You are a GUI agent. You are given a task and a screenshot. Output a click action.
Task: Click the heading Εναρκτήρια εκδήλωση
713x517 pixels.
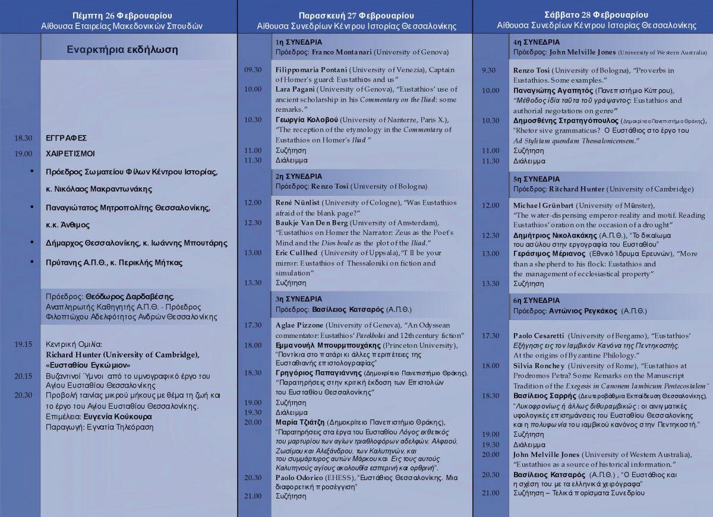click(122, 50)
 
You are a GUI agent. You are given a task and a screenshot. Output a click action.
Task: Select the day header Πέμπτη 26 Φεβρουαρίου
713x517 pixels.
click(122, 15)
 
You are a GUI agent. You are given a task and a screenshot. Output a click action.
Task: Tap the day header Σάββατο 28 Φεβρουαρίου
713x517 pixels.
click(596, 15)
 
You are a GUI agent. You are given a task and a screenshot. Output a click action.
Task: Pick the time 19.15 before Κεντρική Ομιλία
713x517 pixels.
click(23, 344)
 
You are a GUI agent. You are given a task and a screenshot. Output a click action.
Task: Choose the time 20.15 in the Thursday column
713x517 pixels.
click(23, 376)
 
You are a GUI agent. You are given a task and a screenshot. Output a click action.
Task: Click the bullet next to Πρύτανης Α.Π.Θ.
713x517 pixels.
click(31, 262)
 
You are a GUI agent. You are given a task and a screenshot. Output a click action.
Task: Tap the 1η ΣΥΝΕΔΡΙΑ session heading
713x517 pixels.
click(298, 42)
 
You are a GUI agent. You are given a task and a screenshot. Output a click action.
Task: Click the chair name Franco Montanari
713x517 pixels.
click(342, 52)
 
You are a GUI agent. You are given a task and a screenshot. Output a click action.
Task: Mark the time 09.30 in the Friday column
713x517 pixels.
click(253, 70)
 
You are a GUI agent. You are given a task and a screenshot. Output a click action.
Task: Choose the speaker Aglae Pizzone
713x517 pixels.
click(299, 325)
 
